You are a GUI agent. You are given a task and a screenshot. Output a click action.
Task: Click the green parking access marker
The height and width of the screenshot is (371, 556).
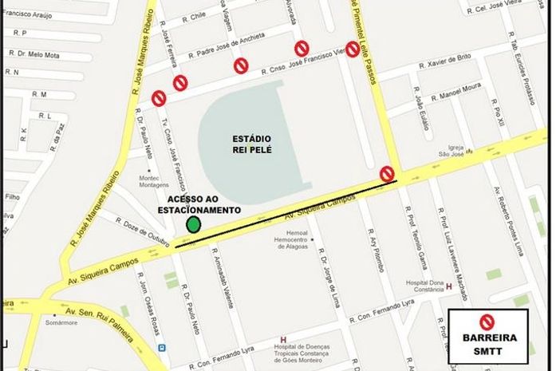[193, 224]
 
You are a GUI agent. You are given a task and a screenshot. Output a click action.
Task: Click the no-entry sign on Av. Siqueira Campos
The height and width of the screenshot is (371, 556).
[387, 173]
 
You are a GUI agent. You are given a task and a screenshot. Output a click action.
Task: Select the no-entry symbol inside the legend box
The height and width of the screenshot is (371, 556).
[486, 322]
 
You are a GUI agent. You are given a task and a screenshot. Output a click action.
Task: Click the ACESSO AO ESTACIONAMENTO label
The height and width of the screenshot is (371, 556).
[203, 204]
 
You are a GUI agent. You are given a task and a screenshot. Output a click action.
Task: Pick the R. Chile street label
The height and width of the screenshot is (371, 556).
[195, 15]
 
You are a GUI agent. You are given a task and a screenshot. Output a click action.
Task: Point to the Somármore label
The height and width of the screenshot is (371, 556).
[57, 324]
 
